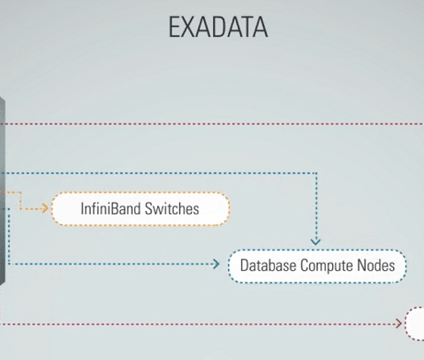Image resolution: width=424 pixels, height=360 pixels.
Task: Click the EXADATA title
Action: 218,26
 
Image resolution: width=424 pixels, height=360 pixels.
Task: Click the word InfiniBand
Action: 110,208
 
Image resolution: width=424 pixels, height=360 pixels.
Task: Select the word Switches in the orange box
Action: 171,208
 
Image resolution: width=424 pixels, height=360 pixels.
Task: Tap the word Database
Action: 268,266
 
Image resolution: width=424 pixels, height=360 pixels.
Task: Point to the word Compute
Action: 326,266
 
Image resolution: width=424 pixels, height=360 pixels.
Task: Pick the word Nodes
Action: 375,266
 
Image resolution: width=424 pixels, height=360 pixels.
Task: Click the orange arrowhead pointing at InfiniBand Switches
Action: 45,208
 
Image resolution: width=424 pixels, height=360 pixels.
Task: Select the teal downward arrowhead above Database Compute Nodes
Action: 315,242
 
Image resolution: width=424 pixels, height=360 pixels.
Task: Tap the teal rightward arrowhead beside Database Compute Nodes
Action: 216,264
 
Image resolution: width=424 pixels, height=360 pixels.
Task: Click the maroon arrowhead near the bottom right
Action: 398,324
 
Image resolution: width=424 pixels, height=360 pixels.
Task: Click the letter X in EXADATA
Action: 188,26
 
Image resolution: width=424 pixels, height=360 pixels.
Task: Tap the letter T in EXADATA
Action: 246,26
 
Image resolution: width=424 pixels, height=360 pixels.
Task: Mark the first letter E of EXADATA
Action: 174,26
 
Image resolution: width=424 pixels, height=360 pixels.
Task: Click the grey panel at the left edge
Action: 3,191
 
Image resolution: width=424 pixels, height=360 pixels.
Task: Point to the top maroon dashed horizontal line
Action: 212,124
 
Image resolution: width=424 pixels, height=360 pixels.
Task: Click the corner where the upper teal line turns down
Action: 316,173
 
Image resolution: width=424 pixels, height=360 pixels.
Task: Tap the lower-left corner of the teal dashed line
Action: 9,264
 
